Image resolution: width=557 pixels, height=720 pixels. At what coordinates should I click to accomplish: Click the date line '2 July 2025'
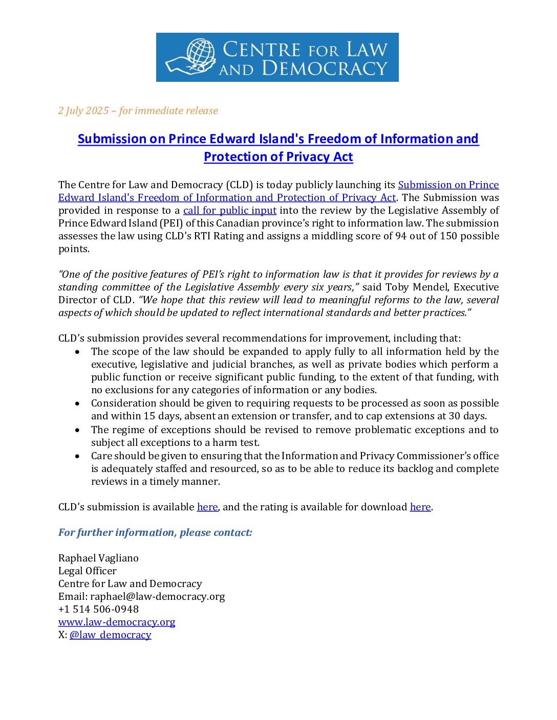(x=83, y=110)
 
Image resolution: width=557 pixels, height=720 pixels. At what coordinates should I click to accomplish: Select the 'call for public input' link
(x=230, y=210)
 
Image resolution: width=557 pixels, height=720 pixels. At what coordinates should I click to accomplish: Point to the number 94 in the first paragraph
(x=401, y=236)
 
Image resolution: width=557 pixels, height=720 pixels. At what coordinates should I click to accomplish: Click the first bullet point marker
(x=77, y=352)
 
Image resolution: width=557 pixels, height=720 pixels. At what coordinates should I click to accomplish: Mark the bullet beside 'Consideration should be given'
(x=77, y=403)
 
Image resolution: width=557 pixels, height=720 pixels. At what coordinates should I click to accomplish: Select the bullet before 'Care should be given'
(x=77, y=456)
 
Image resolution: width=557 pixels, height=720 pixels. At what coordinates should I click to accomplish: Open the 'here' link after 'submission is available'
(x=207, y=507)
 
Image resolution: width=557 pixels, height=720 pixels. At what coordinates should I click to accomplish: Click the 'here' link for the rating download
(x=420, y=507)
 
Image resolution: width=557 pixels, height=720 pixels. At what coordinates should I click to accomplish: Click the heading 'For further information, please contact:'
(x=155, y=532)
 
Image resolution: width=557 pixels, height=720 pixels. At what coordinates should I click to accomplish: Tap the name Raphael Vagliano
(x=98, y=558)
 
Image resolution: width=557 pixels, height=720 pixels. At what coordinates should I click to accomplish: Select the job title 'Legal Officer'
(x=88, y=571)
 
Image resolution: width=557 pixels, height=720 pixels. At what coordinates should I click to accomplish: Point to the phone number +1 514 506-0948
(x=98, y=609)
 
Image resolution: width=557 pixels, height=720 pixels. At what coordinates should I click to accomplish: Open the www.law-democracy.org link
(x=117, y=622)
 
